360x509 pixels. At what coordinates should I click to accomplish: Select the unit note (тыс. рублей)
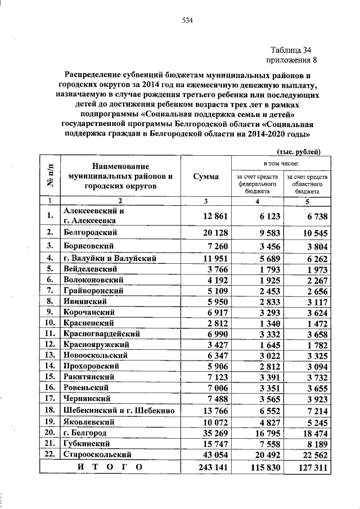299,151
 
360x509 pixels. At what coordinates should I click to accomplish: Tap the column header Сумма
205,177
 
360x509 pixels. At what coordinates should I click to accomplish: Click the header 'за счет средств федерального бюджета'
257,184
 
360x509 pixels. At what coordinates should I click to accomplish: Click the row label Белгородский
90,232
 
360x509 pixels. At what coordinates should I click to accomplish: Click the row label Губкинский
87,443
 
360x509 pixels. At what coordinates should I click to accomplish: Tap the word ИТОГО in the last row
109,467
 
